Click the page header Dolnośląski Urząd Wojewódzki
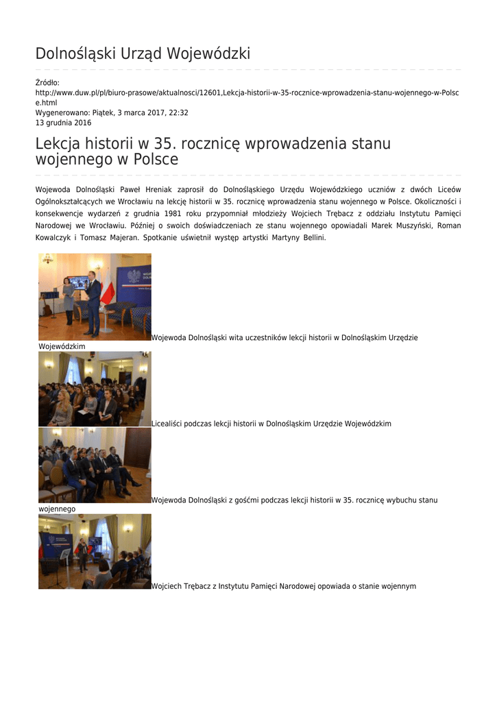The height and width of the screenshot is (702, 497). (143, 53)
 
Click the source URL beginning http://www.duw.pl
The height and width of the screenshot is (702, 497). (247, 93)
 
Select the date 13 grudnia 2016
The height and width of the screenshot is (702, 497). (63, 123)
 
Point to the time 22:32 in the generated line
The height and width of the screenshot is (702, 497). (179, 112)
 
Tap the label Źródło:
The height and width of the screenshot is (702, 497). (47, 83)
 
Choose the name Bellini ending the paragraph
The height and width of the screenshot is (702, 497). (311, 237)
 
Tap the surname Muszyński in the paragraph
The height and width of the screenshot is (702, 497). (409, 225)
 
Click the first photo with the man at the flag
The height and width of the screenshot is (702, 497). (95, 296)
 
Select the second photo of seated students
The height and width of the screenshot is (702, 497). (95, 389)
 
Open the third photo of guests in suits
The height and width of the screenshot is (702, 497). (95, 465)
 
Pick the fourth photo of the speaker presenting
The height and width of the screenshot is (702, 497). (95, 551)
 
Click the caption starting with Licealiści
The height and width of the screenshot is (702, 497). (271, 424)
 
